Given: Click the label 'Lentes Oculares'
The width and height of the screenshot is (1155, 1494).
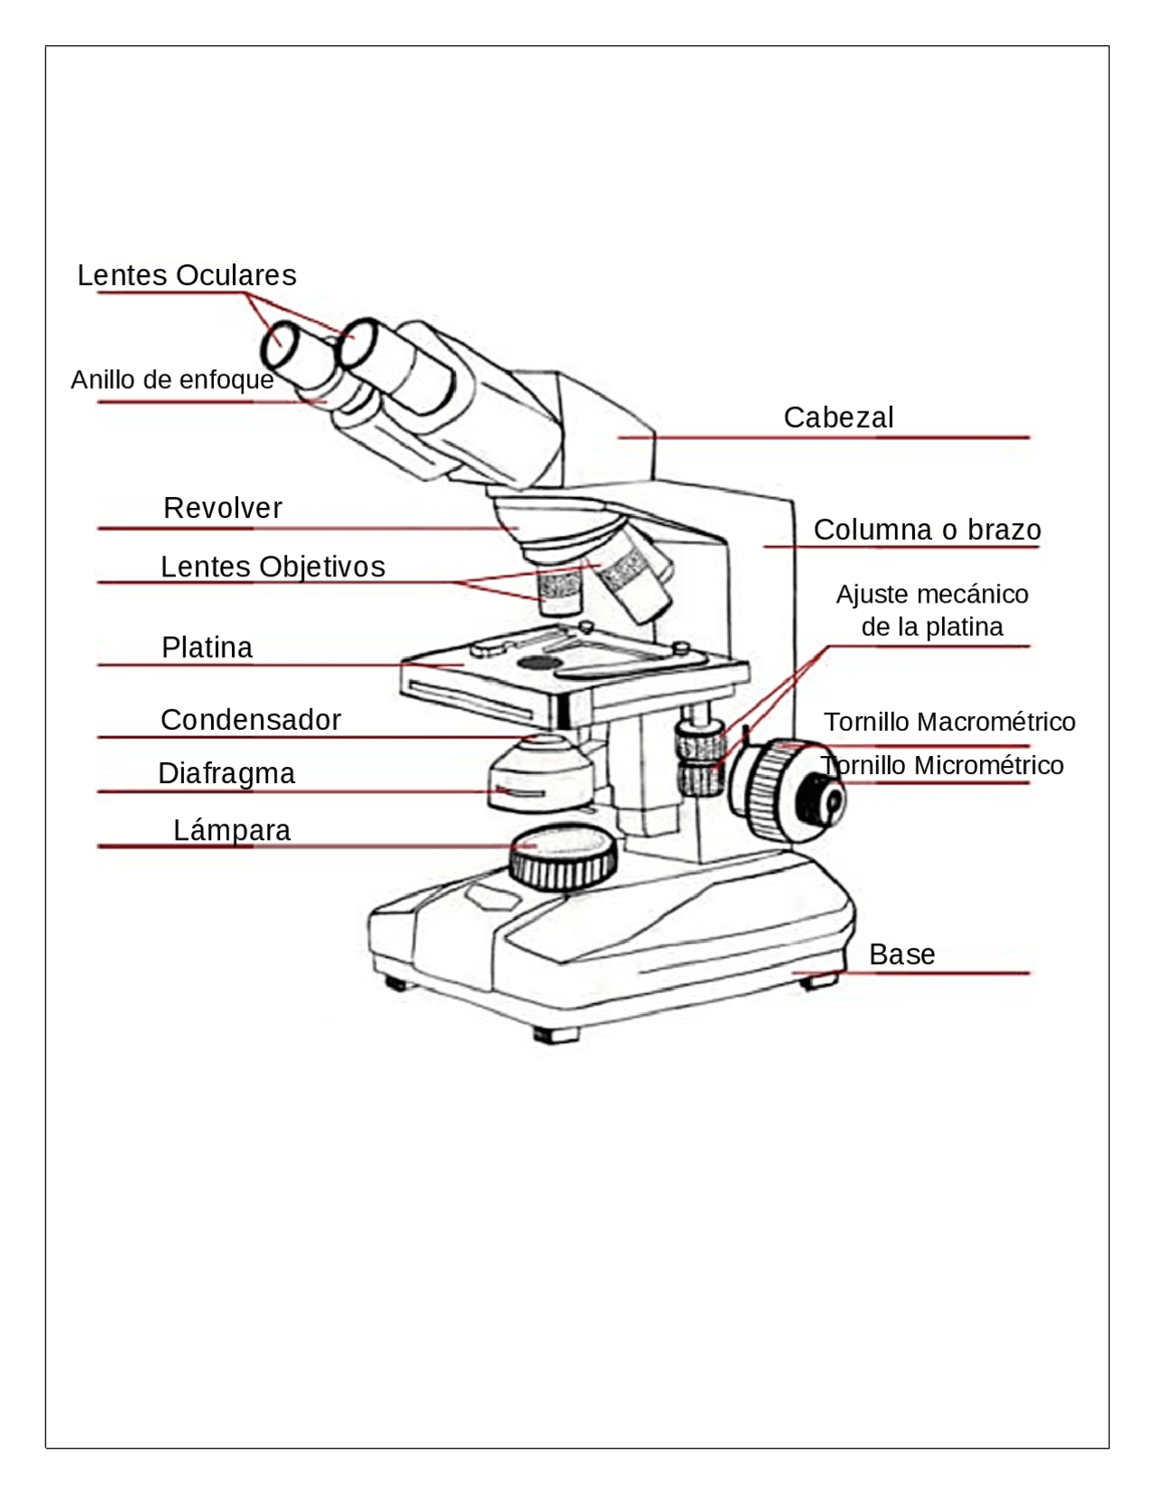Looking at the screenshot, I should pos(187,275).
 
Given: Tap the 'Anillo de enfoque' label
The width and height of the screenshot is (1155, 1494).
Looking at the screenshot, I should pos(171,380).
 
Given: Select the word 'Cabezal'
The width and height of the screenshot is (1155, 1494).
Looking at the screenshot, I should pos(838,418).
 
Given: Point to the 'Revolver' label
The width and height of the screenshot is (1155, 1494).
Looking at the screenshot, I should pos(222,508).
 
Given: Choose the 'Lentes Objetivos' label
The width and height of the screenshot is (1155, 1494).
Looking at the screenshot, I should pos(273,567).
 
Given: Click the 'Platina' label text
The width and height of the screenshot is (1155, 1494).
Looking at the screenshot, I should pos(207,647).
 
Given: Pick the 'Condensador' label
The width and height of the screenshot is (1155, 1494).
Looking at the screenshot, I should pos(250,720).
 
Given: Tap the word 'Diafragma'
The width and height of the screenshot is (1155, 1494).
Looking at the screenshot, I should pos(226,773).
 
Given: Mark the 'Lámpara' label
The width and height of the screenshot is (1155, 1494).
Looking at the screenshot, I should pos(232,830).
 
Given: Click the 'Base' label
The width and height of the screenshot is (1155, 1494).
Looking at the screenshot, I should pos(901,954).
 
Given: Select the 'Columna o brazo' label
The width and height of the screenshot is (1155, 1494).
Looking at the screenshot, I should pos(927,530).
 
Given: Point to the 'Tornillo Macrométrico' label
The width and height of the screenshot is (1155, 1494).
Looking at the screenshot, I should pos(949,722).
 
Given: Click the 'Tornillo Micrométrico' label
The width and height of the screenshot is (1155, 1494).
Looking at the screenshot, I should pos(943,765).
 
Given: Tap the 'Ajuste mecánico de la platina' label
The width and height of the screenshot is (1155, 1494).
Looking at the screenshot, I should pos(932,610).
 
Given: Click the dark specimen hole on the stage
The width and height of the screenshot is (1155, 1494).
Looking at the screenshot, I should pos(539,663).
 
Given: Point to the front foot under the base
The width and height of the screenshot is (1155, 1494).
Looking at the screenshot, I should pos(554,1034).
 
